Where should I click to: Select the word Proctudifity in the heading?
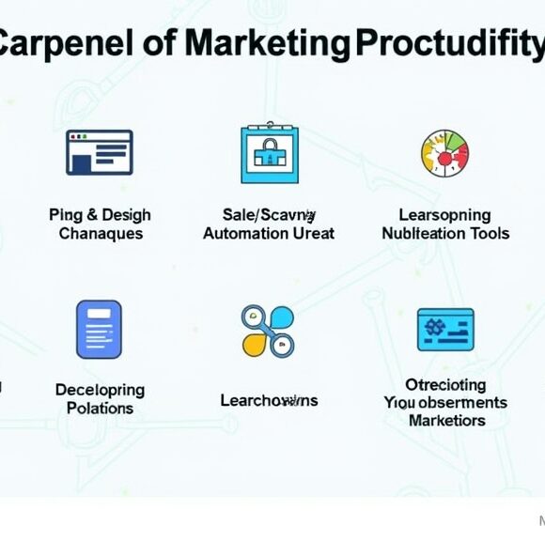448,43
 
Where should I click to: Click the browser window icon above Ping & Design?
99,152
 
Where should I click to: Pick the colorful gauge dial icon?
444,153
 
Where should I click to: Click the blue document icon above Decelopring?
99,329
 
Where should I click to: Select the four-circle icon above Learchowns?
268,330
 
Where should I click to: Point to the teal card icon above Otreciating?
445,330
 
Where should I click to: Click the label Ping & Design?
100,215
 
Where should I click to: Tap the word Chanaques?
100,234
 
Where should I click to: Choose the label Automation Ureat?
269,234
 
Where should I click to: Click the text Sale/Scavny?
269,215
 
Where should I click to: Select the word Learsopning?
444,215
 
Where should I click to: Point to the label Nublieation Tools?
445,234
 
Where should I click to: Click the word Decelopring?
100,389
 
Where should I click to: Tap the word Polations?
100,408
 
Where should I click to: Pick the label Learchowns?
269,400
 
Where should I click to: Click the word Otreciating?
445,384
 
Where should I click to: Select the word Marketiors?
445,420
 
